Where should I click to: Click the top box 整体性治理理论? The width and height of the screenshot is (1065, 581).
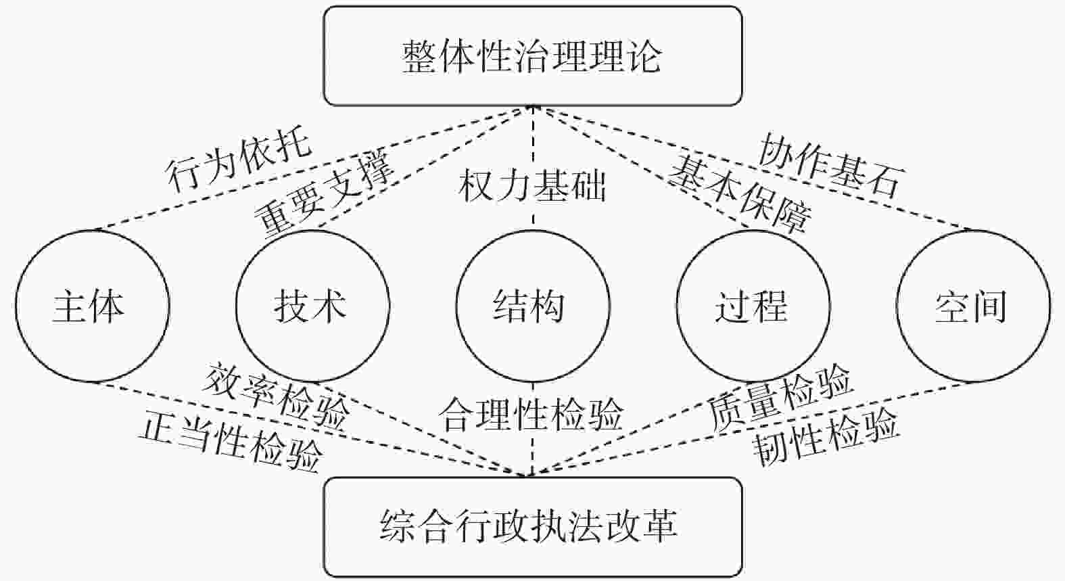[x=532, y=56]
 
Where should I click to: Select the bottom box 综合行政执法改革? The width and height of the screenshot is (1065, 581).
[x=532, y=526]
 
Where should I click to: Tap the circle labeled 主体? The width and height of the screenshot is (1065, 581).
[x=92, y=306]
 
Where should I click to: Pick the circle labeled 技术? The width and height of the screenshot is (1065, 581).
[x=312, y=306]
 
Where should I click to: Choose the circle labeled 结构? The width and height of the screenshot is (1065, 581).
[x=532, y=306]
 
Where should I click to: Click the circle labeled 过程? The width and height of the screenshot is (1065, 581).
[x=753, y=306]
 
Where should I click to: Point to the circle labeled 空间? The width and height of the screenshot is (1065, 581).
[x=972, y=306]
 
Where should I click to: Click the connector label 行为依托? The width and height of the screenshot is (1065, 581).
[x=239, y=160]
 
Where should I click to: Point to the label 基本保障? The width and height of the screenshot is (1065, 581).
[x=740, y=193]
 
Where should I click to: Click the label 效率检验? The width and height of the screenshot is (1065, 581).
[x=277, y=396]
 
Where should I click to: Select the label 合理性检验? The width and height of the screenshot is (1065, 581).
[x=532, y=414]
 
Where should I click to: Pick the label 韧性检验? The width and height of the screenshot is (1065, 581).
[x=826, y=438]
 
